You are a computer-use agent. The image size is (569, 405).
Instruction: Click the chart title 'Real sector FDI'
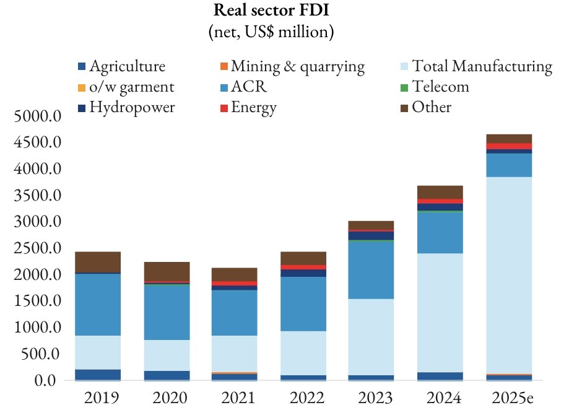point(271,10)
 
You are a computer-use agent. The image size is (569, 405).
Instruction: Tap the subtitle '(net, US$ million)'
point(271,32)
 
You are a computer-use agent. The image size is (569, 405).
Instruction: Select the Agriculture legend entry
point(122,66)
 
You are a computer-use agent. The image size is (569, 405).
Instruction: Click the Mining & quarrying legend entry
point(292,67)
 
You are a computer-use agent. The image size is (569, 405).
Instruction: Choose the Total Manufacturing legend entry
point(477,66)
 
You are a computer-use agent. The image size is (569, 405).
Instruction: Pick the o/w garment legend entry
point(126,87)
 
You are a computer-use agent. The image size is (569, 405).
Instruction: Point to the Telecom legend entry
point(435,87)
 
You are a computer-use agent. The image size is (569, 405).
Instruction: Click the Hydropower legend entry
point(126,107)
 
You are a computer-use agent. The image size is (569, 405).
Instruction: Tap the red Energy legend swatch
point(224,108)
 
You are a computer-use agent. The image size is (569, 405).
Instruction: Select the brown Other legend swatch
point(404,108)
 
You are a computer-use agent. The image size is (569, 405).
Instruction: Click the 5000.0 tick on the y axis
point(37,116)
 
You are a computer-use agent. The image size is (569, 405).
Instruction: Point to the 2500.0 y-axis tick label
point(37,248)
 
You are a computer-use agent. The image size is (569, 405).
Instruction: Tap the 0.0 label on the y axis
point(45,380)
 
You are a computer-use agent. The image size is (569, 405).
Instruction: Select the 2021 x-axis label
point(238,398)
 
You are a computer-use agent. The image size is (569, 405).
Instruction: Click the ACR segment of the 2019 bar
point(98,305)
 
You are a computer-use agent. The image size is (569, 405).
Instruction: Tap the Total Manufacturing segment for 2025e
point(509,276)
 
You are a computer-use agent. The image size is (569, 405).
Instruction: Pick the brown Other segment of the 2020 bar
point(167,271)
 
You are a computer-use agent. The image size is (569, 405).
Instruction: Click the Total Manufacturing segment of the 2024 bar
point(440,313)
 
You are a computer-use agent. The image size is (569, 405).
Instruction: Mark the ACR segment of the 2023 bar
point(371,270)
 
